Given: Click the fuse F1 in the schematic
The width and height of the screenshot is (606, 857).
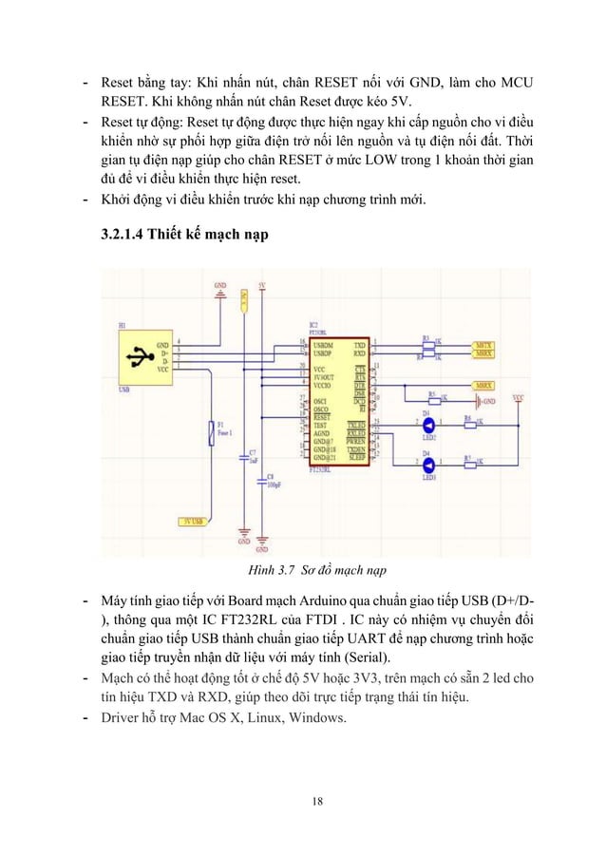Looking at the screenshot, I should pyautogui.click(x=211, y=435).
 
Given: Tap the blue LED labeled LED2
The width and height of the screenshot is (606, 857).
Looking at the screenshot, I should pyautogui.click(x=427, y=425).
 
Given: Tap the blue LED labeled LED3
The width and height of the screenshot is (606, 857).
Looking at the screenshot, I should pyautogui.click(x=427, y=465).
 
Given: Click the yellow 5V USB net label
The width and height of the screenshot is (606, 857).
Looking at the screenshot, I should pyautogui.click(x=194, y=521).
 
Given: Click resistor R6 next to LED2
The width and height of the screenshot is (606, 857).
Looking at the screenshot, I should pyautogui.click(x=468, y=425).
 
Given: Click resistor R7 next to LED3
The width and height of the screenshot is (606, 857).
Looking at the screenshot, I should pyautogui.click(x=468, y=465).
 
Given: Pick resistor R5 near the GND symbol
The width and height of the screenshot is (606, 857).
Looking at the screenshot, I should pyautogui.click(x=433, y=399).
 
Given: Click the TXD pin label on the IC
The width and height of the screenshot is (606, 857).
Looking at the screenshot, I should pyautogui.click(x=359, y=344).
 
